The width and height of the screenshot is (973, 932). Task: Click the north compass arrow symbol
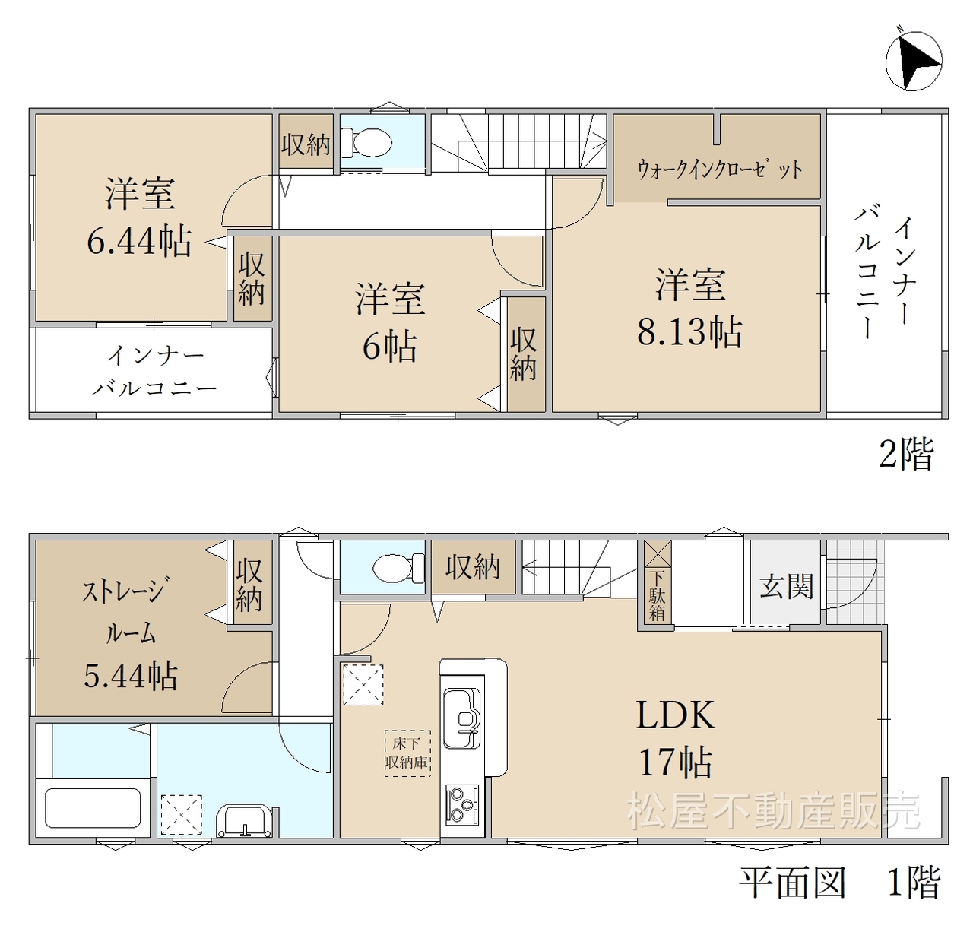(x=914, y=61)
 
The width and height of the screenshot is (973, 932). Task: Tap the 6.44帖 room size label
(x=140, y=241)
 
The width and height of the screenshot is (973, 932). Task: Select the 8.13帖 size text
(x=689, y=332)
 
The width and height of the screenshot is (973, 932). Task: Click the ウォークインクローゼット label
(x=720, y=170)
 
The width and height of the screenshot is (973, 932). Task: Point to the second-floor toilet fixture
(x=366, y=143)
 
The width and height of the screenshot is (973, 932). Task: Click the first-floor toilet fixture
(x=399, y=568)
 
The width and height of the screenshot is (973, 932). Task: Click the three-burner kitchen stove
(x=462, y=804)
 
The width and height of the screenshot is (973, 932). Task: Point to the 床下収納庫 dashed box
(x=407, y=753)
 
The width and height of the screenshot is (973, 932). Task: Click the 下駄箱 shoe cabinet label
(x=657, y=597)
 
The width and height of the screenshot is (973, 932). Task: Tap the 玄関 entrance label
(x=787, y=586)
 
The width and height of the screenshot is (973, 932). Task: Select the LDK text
(x=676, y=715)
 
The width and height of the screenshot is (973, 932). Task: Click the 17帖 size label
(x=676, y=762)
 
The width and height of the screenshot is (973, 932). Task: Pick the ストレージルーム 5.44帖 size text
(x=131, y=676)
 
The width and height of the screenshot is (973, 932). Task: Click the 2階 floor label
(x=906, y=454)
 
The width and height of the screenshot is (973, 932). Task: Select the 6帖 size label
(x=390, y=347)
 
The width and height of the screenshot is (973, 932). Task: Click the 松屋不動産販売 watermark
(x=774, y=810)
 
